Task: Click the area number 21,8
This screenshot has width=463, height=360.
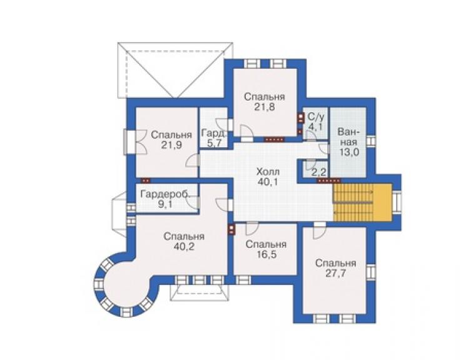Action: (265, 107)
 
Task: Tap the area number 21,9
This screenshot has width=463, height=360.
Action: (171, 145)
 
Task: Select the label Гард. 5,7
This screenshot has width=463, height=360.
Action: (214, 138)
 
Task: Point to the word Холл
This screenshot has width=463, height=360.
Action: (268, 172)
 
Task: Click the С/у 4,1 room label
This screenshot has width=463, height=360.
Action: (316, 121)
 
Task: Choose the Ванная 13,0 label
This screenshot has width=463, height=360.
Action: (349, 142)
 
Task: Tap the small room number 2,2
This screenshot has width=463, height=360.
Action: (318, 171)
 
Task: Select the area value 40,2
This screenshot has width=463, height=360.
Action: (184, 247)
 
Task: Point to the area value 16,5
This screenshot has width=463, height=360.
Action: (266, 254)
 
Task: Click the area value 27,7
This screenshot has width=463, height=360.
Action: (335, 273)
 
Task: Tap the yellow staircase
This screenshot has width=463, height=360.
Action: (362, 202)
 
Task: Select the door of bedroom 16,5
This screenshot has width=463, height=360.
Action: (253, 228)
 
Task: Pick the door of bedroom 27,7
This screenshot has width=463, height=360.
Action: (320, 230)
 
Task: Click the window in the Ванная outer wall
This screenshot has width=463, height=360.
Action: (371, 141)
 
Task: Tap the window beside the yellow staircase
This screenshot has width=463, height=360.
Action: (397, 202)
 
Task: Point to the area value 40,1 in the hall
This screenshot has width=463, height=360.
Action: (268, 182)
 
